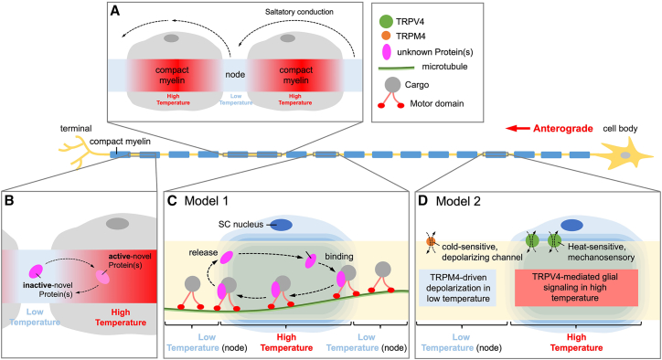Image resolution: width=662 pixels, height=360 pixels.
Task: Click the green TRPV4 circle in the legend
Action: pos(386,22)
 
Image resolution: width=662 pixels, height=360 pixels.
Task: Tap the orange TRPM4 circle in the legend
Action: pos(386,37)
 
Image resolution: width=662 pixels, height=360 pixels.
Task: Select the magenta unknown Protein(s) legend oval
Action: pos(386,52)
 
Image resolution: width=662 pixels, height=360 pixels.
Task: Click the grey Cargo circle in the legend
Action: pos(392,85)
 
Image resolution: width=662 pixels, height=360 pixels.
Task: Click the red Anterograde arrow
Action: pos(518,128)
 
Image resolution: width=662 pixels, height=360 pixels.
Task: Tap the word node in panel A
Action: pos(235,75)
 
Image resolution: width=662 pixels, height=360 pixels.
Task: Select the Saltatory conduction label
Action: pos(299,12)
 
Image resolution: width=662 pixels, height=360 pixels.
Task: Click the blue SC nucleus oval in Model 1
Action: pos(282,225)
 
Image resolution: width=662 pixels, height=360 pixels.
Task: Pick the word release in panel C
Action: pos(203,252)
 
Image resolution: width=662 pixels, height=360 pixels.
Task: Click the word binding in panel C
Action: pos(339,256)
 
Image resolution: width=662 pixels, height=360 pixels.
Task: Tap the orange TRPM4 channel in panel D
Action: pos(431,241)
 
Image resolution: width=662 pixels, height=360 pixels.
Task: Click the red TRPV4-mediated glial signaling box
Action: pos(576,288)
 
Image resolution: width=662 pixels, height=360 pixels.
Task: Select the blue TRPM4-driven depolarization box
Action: pos(458,288)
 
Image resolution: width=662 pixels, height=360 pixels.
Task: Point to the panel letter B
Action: pos(8,200)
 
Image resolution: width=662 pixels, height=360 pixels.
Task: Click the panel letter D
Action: pos(423,201)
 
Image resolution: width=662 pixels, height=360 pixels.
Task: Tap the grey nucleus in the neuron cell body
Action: pos(625,155)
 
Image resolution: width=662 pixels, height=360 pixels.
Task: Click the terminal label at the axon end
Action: pos(76,128)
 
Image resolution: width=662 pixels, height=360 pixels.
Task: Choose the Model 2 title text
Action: pos(458,201)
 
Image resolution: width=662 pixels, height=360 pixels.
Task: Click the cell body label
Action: pos(620,129)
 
